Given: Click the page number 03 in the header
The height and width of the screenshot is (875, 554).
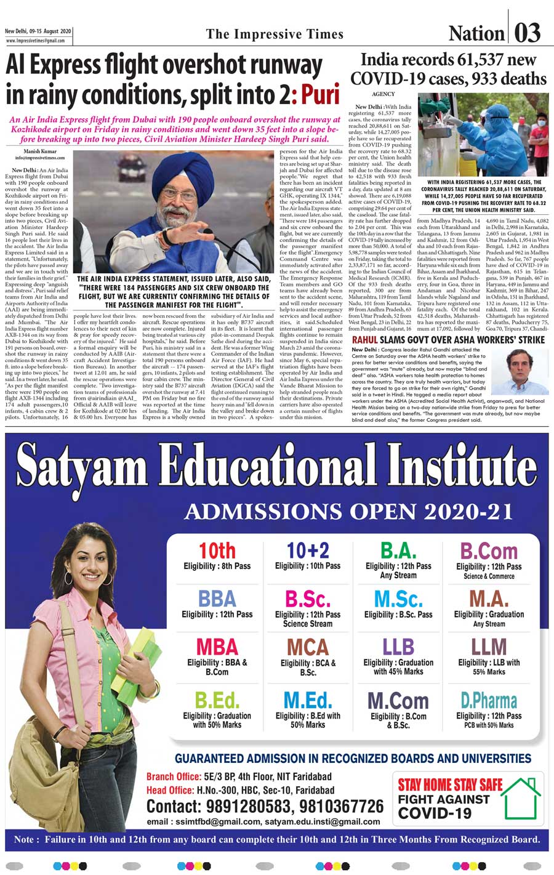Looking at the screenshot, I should (x=528, y=32).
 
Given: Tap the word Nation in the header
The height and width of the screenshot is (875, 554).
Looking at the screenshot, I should (x=476, y=33).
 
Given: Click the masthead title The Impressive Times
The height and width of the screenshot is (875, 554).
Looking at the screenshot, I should (x=275, y=33).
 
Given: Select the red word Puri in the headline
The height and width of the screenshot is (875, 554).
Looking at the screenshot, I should (x=321, y=95).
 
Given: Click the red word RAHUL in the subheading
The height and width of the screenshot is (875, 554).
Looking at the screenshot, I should (x=364, y=340).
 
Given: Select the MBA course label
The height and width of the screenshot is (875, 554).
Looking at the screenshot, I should (x=217, y=647).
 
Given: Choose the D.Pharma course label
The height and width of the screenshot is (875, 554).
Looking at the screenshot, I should (x=489, y=700).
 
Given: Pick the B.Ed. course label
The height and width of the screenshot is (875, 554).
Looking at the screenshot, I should (x=217, y=700).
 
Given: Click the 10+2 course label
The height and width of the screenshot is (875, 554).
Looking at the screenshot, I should (x=307, y=550).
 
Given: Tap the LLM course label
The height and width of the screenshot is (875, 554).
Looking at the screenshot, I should (x=489, y=647).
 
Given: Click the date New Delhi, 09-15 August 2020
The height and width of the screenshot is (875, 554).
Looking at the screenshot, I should (x=38, y=31).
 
